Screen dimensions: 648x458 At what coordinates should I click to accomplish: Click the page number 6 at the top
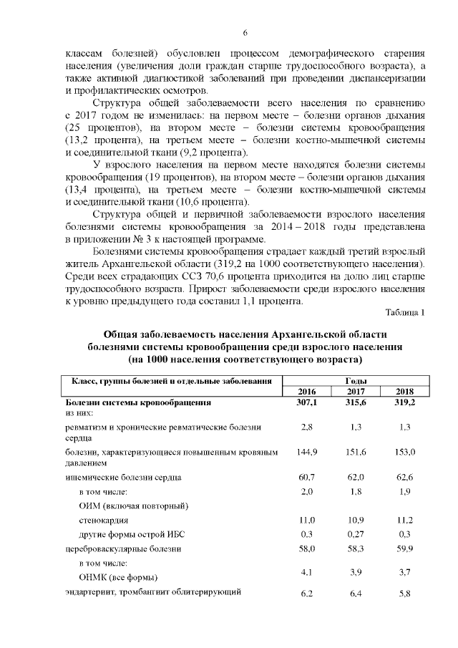pos(245,33)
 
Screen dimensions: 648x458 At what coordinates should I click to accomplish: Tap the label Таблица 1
pos(405,312)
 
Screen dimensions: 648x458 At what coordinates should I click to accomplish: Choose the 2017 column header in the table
pos(356,392)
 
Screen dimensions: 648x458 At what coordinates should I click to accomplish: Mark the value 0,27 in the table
pos(356,533)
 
